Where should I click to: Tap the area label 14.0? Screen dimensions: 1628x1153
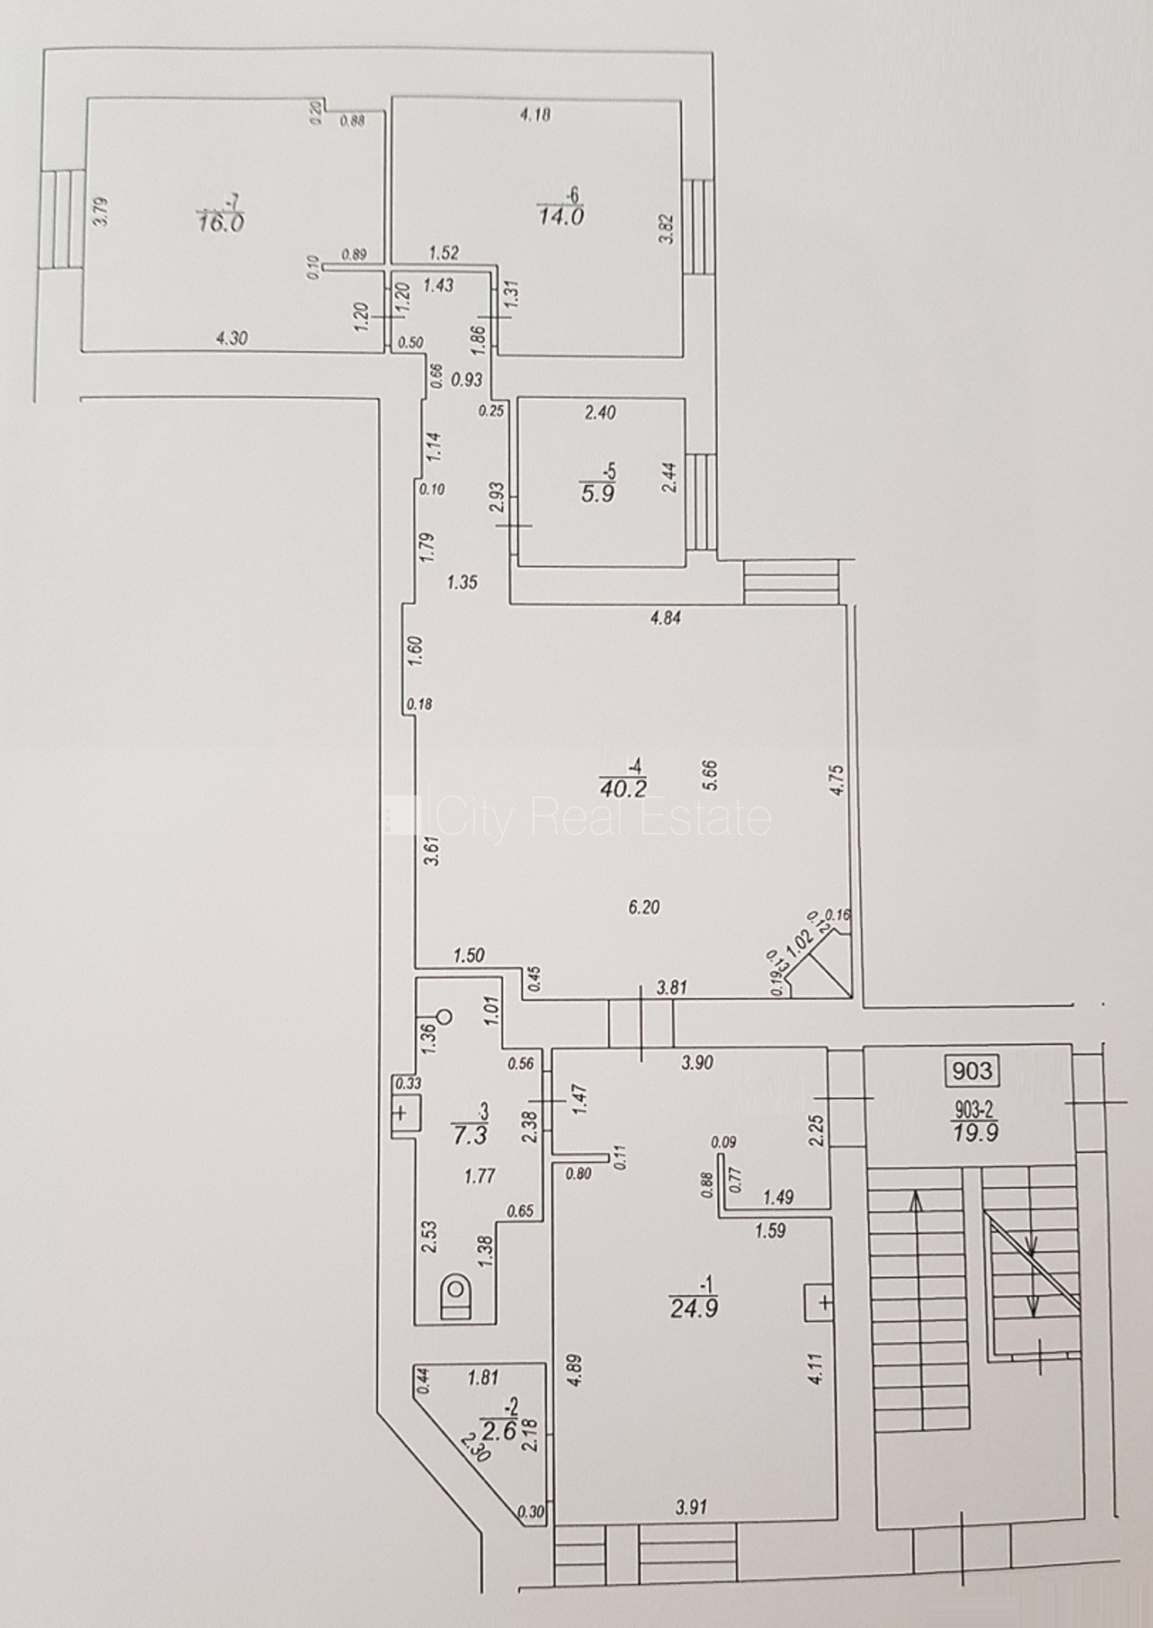tap(561, 217)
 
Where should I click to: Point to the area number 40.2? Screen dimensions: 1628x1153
tap(623, 789)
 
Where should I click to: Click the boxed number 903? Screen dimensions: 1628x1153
tap(972, 1072)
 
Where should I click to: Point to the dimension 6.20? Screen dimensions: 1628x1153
tap(643, 908)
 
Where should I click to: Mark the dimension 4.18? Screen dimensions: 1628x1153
tap(534, 114)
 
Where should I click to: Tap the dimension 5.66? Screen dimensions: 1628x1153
tap(709, 777)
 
